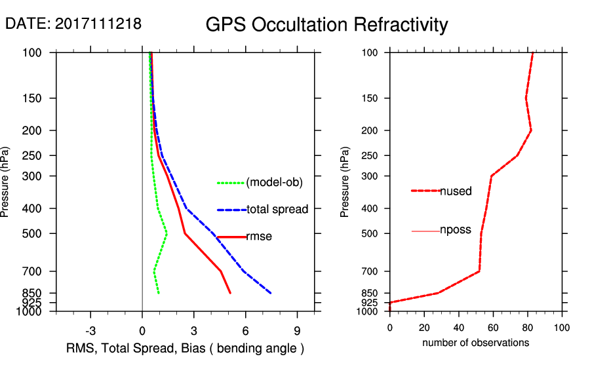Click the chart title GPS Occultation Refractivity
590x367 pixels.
(326, 25)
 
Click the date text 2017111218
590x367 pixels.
(98, 24)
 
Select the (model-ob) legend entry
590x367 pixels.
(274, 183)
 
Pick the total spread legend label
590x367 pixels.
(277, 210)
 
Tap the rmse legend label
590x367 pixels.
(258, 237)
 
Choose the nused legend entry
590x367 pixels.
(456, 191)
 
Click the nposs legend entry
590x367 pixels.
(455, 230)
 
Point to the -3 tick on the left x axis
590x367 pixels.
(90, 330)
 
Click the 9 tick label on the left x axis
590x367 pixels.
(297, 330)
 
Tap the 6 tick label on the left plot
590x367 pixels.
(245, 330)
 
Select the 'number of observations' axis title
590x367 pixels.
(475, 342)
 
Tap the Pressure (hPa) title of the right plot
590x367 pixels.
(345, 182)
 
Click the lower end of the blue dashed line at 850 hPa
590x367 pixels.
(271, 293)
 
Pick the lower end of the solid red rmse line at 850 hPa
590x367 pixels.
(230, 293)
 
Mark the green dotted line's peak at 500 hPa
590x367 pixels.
(167, 233)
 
